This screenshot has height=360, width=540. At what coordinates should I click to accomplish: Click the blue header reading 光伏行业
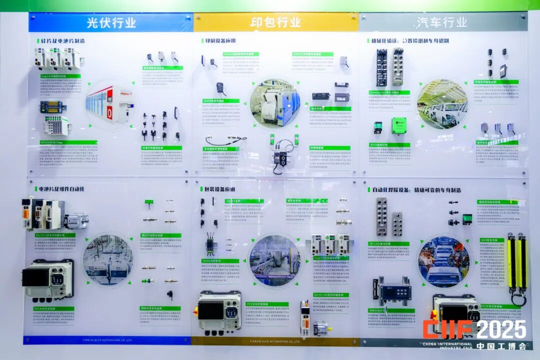111,23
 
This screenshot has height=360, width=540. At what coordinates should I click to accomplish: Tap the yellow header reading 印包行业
276,22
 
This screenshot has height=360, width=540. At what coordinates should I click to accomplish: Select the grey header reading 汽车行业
441,22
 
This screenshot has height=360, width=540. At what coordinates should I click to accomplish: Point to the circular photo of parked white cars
442,105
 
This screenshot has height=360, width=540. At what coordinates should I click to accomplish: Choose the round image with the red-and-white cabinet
110,104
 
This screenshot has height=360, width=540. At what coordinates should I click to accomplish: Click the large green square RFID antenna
399,125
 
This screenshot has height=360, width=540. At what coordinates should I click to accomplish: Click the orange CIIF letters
447,330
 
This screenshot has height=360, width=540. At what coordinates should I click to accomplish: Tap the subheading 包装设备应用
220,189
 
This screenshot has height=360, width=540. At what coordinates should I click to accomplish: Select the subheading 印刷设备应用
220,40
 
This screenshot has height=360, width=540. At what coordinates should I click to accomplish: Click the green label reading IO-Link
389,244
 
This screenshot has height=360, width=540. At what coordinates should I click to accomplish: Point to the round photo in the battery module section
108,260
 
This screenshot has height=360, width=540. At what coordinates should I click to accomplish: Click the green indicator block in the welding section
467,219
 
